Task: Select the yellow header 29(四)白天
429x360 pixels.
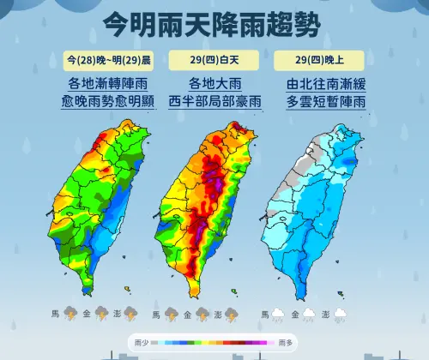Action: pyautogui.click(x=212, y=60)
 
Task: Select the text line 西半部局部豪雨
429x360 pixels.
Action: pyautogui.click(x=212, y=103)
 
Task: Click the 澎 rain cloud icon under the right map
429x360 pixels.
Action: pyautogui.click(x=341, y=315)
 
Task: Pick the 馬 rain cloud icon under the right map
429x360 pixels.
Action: pyautogui.click(x=280, y=315)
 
